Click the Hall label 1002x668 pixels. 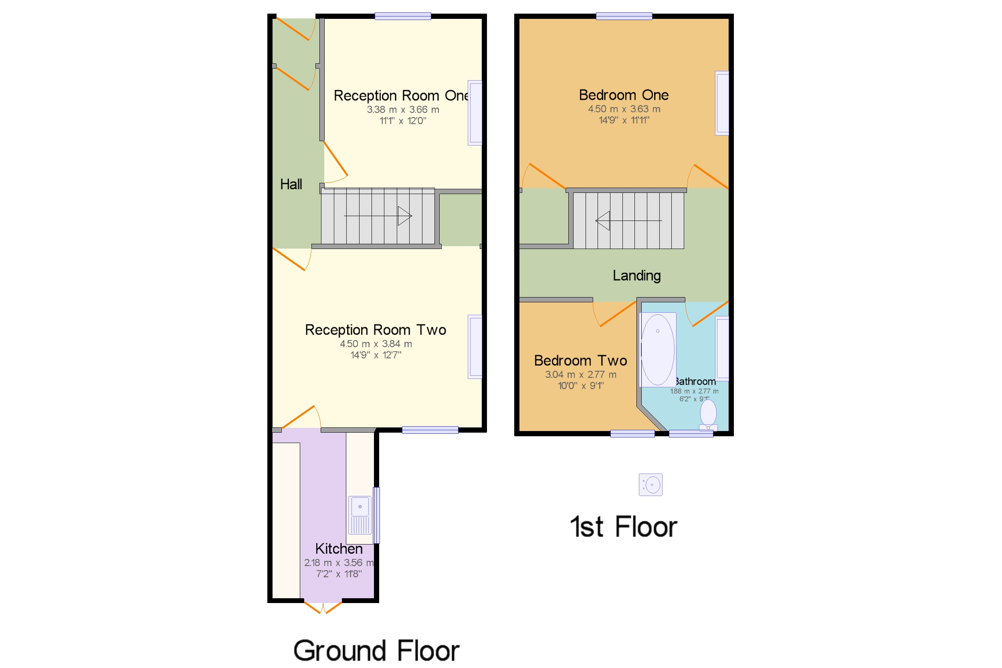point(291,184)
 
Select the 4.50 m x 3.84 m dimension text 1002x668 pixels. point(376,344)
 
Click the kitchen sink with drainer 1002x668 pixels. point(360,515)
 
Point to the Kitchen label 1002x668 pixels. point(339,549)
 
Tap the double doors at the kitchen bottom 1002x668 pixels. point(323,607)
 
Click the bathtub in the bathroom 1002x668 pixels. point(658,350)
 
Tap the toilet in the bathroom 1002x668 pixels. point(708,415)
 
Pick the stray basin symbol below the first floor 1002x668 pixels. point(650,485)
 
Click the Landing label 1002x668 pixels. point(636,275)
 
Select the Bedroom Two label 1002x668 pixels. point(580,361)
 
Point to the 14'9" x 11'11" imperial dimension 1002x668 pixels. point(624,120)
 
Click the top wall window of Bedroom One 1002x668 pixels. point(624,16)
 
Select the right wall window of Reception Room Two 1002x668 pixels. point(475,347)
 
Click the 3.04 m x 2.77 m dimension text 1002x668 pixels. point(580,374)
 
